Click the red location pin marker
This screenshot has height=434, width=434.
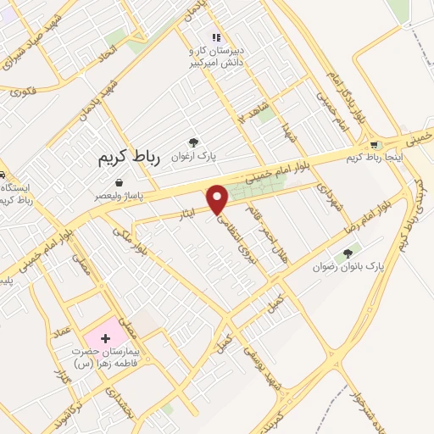(x=219, y=198)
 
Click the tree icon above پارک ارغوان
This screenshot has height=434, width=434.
(x=194, y=142)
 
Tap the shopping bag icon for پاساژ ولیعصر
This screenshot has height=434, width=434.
(x=119, y=182)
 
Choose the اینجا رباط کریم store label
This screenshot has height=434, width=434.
(x=374, y=156)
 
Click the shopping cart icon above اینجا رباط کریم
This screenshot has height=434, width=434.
(x=374, y=143)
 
